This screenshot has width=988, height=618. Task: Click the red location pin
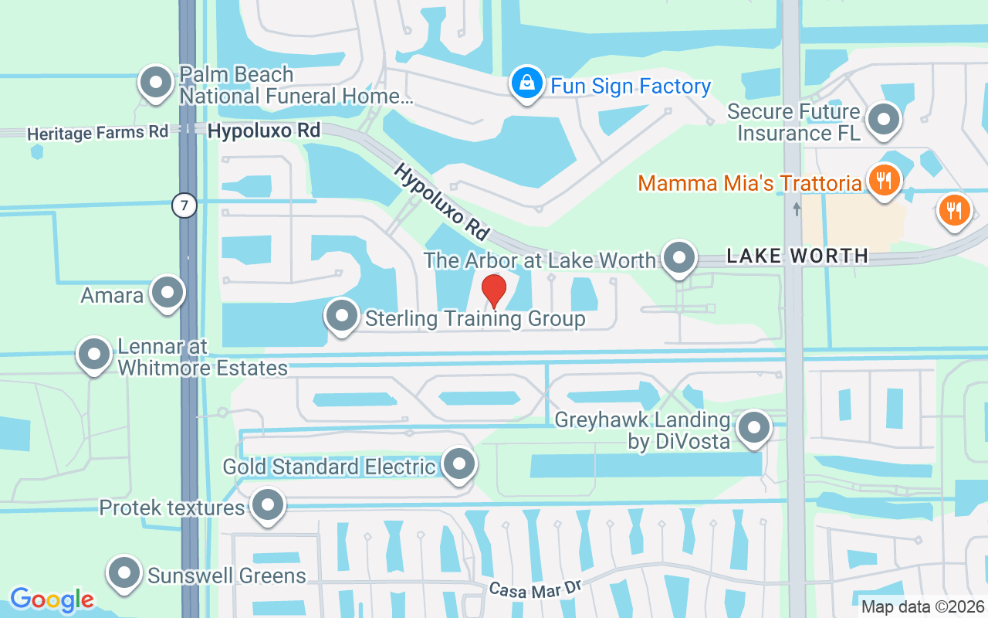click(494, 291)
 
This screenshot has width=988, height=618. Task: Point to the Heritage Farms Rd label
click(97, 133)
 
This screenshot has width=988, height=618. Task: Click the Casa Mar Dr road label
click(535, 589)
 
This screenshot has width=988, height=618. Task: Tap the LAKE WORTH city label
click(797, 256)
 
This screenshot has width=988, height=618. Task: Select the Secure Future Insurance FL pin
click(885, 121)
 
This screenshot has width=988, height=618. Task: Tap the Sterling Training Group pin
click(341, 316)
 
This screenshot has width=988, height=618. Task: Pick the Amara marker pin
click(167, 294)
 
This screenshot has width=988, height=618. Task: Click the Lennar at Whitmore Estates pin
click(94, 355)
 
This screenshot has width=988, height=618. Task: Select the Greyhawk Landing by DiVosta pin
click(753, 428)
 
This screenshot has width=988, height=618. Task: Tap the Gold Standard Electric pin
click(460, 465)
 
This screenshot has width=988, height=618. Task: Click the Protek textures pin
click(268, 506)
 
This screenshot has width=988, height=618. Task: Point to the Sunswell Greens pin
click(125, 574)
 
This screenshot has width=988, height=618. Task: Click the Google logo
click(52, 599)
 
